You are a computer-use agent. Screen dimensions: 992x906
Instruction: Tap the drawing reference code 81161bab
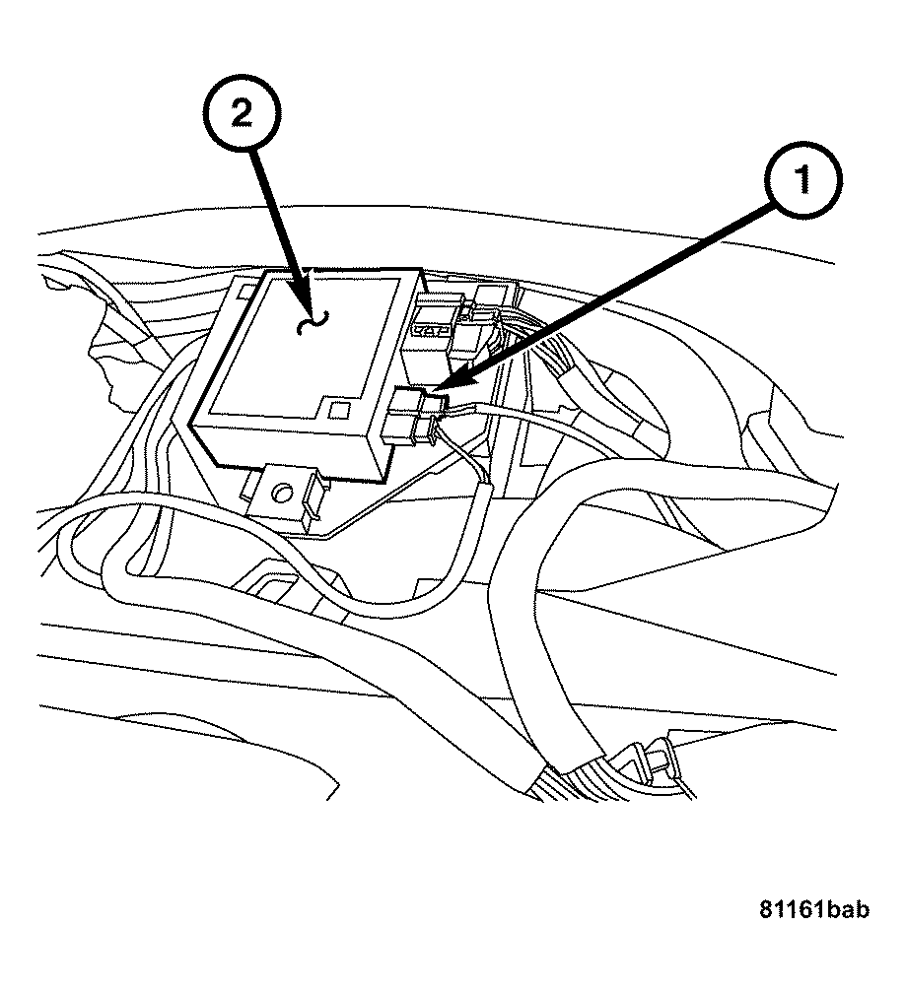pyautogui.click(x=813, y=911)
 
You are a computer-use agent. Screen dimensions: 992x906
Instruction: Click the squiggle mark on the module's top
pyautogui.click(x=314, y=320)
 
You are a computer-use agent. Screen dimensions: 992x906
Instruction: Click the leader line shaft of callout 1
pyautogui.click(x=611, y=286)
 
